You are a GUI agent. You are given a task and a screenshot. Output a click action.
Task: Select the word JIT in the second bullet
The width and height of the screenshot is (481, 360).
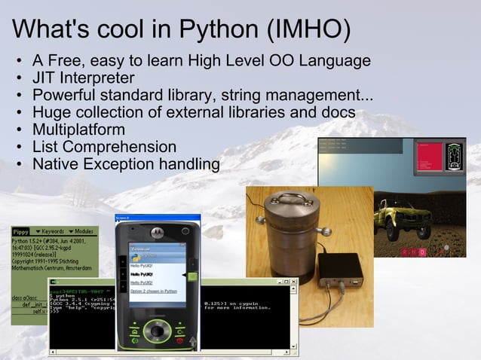point(44,78)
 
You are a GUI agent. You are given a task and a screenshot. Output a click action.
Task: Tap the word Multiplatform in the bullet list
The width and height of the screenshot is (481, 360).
point(78,130)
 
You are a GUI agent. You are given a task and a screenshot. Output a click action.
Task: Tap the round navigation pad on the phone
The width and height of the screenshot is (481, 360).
point(157,331)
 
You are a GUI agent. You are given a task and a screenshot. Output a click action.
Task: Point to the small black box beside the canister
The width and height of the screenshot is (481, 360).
point(340,269)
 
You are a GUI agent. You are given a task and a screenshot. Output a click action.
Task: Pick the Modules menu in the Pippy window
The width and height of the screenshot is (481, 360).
point(84,231)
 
